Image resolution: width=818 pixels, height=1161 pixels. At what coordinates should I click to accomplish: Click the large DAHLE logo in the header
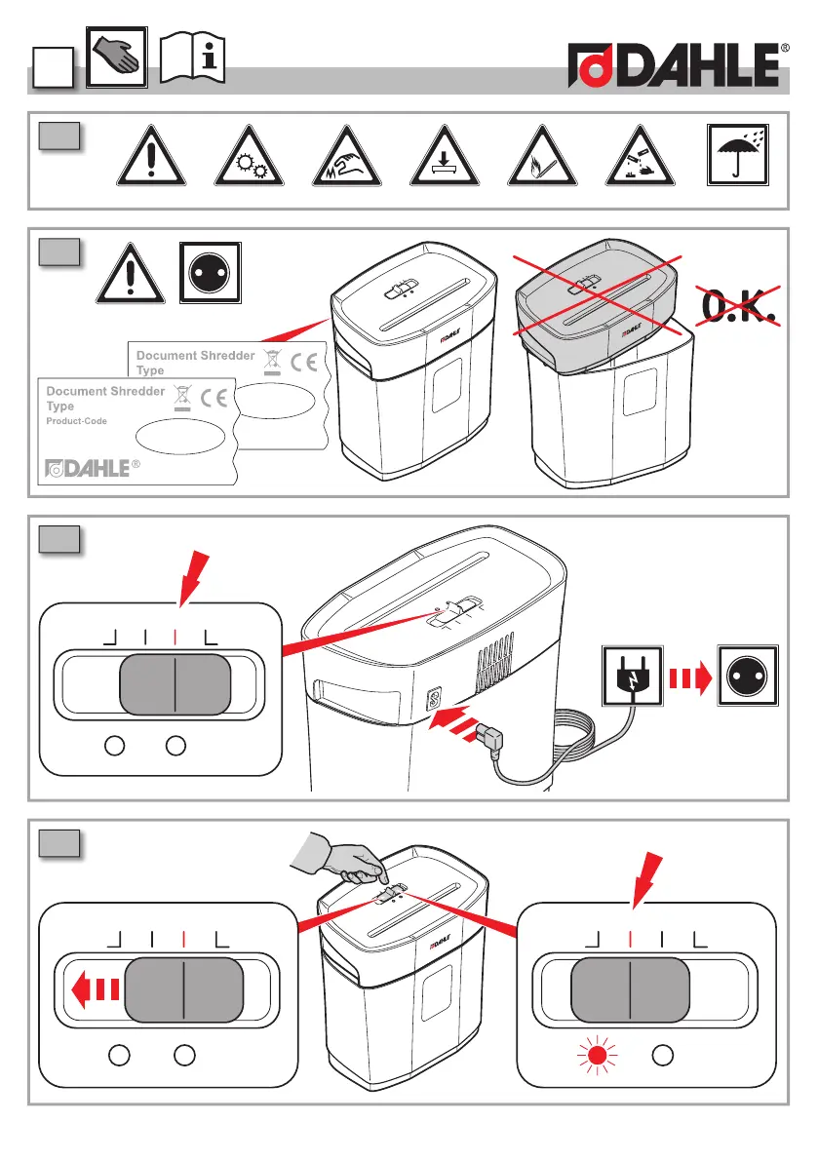679,68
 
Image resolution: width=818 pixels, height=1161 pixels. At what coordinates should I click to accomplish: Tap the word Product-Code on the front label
77,421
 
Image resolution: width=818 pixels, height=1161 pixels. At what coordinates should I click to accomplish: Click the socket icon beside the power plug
747,675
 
